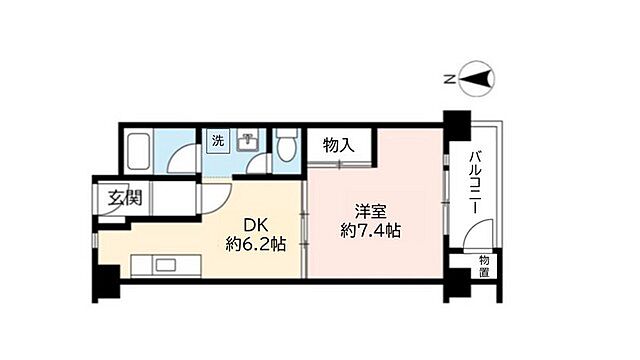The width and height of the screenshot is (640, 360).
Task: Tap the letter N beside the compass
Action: coord(450,77)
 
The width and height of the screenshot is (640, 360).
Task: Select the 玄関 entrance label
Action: coord(125,197)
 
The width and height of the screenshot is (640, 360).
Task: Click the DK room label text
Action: coord(252,224)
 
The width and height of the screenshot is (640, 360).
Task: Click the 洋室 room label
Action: coord(370,212)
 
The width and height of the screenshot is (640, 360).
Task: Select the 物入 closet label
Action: coord(339,146)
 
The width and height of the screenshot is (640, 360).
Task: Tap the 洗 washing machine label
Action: coord(217,141)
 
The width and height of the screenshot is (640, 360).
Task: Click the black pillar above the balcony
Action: coord(456,127)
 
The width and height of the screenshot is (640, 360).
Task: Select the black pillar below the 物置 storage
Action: coord(456,289)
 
